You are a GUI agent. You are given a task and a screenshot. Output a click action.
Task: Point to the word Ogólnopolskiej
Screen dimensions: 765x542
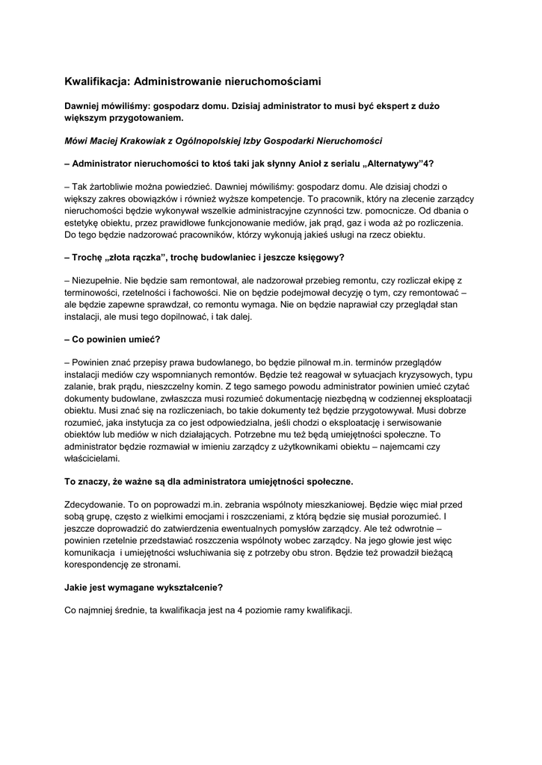[213, 140]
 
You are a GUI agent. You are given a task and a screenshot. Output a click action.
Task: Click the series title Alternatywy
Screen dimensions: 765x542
[394, 163]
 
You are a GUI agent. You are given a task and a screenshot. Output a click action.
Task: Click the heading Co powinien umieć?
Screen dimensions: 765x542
[107, 339]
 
